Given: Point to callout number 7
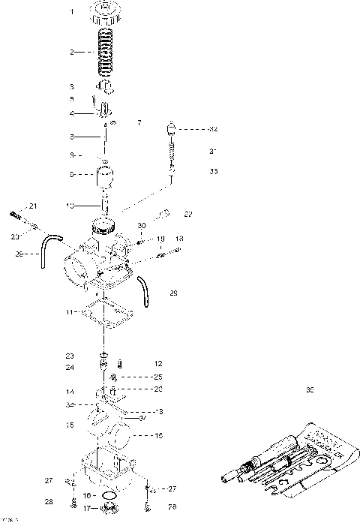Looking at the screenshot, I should point(138,122).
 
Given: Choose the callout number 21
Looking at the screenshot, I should point(33,206).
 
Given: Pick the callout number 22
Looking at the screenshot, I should point(188,214).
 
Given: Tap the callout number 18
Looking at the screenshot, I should point(179,239).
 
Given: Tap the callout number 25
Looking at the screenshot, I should point(158,376).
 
